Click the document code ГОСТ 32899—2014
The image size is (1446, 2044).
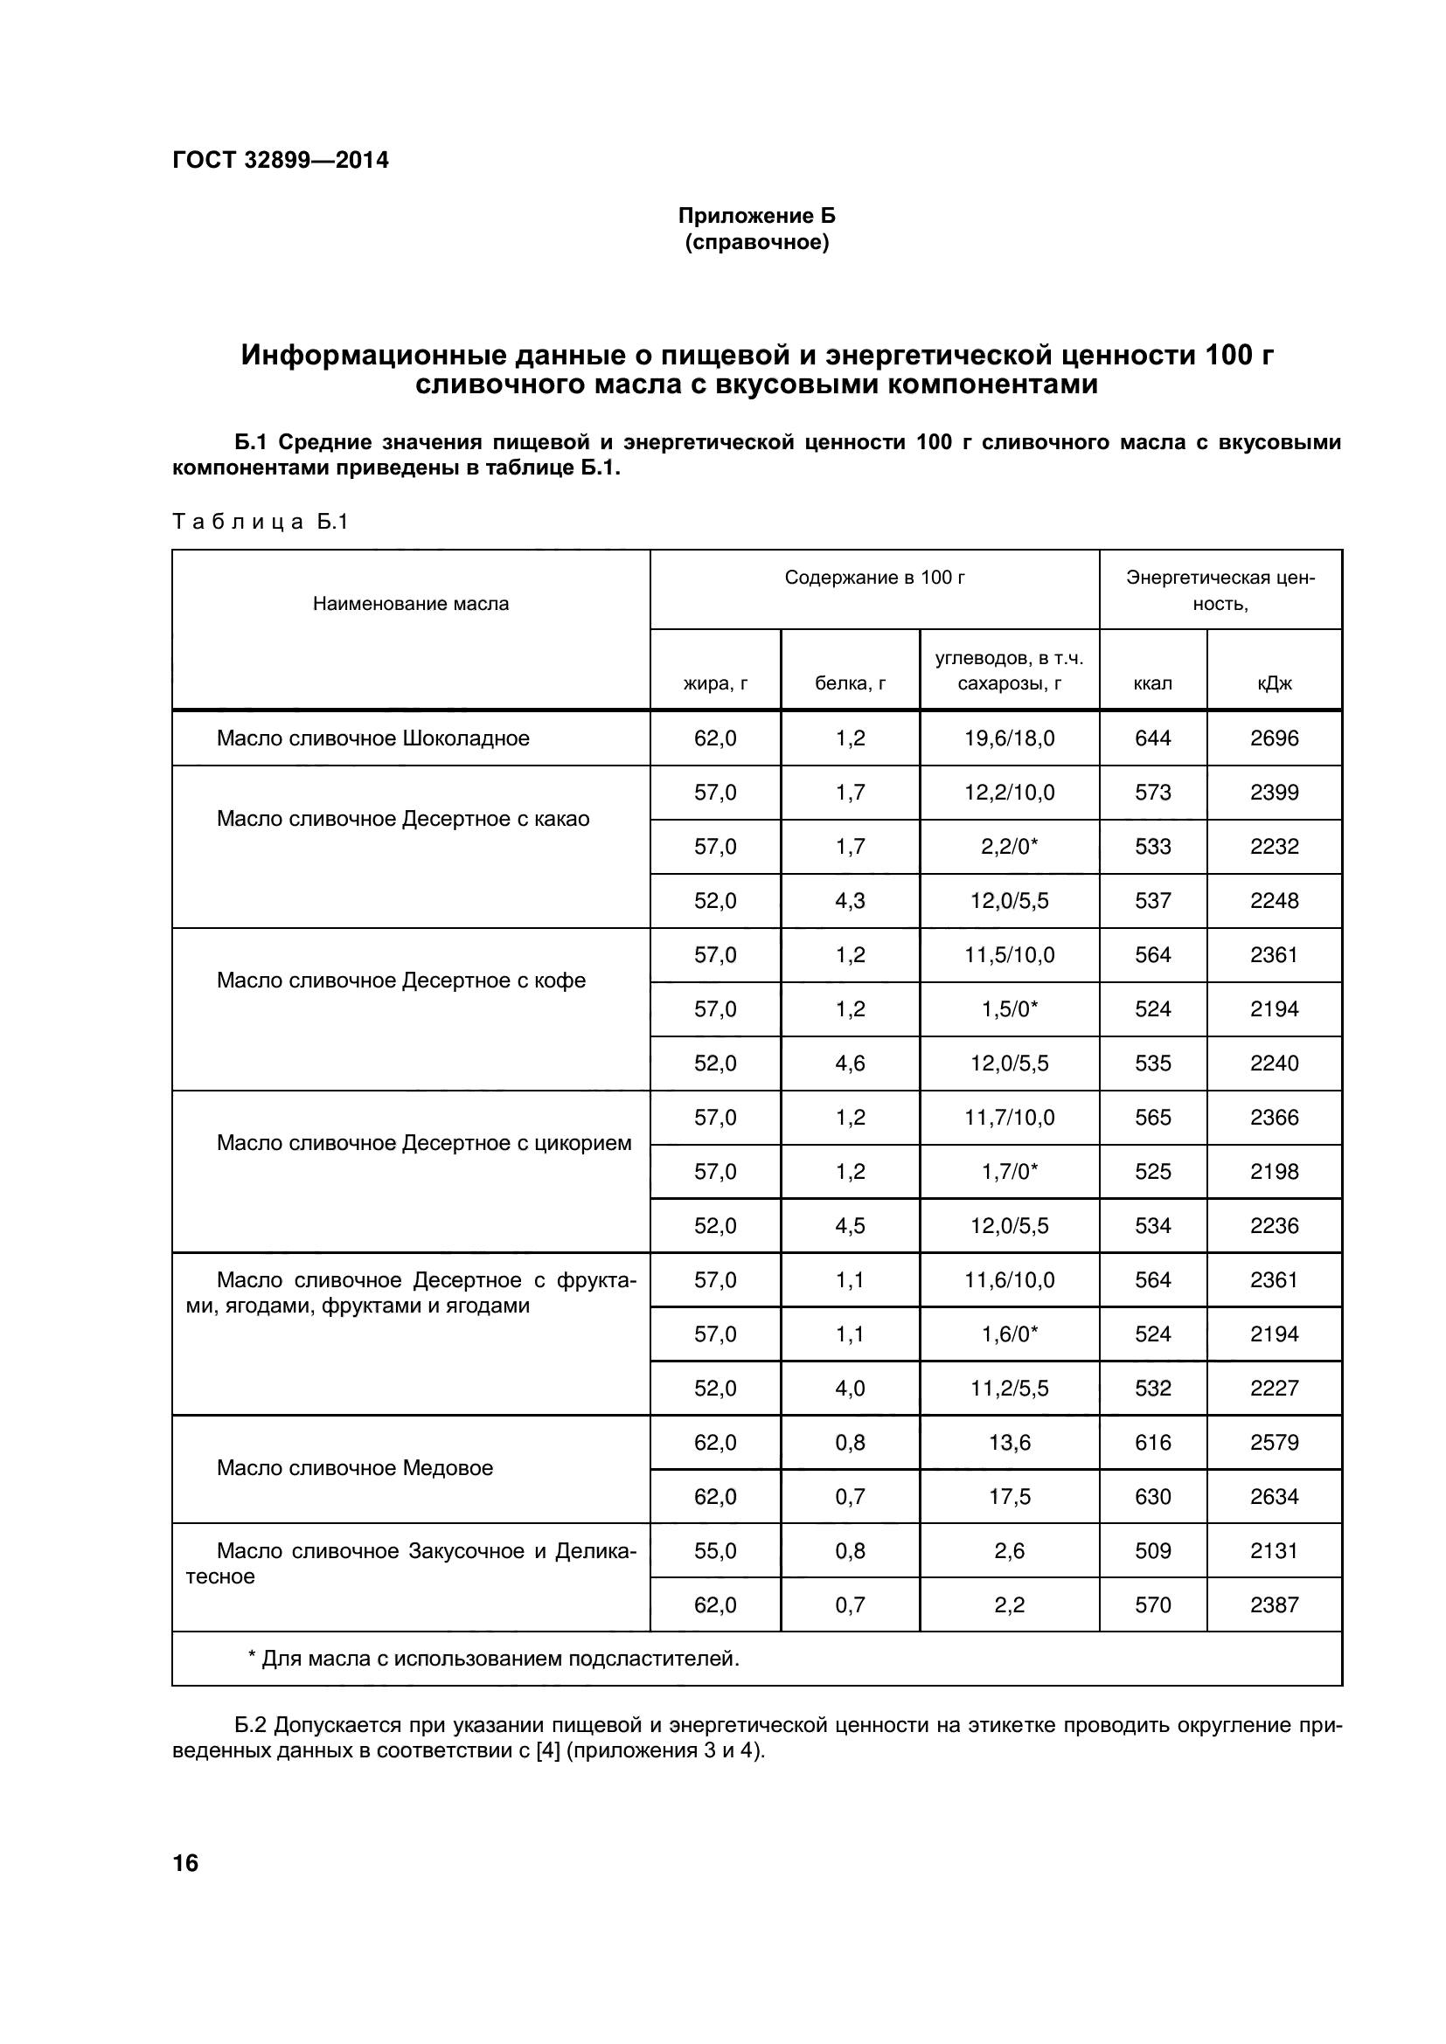pyautogui.click(x=281, y=160)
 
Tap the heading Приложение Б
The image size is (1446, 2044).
pyautogui.click(x=756, y=216)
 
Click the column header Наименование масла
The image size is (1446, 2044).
pyautogui.click(x=411, y=604)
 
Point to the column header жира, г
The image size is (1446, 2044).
pyautogui.click(x=715, y=682)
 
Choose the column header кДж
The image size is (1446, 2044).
pyautogui.click(x=1273, y=682)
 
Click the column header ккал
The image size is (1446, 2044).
pyautogui.click(x=1152, y=682)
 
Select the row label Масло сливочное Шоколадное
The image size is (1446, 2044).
pyautogui.click(x=373, y=738)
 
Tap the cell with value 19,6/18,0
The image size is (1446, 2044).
pyautogui.click(x=1009, y=738)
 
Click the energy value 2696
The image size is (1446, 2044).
pyautogui.click(x=1273, y=738)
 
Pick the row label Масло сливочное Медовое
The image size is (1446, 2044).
pyautogui.click(x=354, y=1468)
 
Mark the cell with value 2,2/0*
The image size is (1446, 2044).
pyautogui.click(x=1009, y=847)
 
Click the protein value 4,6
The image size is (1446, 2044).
pyautogui.click(x=850, y=1063)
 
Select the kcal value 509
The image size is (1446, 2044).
pyautogui.click(x=1152, y=1551)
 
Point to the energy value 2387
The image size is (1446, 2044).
pyautogui.click(x=1273, y=1605)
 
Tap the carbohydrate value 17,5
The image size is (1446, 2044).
pyautogui.click(x=1009, y=1496)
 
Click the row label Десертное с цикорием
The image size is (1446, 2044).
pyautogui.click(x=424, y=1143)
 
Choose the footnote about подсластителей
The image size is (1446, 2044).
pyautogui.click(x=493, y=1659)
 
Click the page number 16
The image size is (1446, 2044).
pyautogui.click(x=185, y=1863)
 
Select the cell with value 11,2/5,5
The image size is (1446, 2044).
pyautogui.click(x=1009, y=1388)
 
